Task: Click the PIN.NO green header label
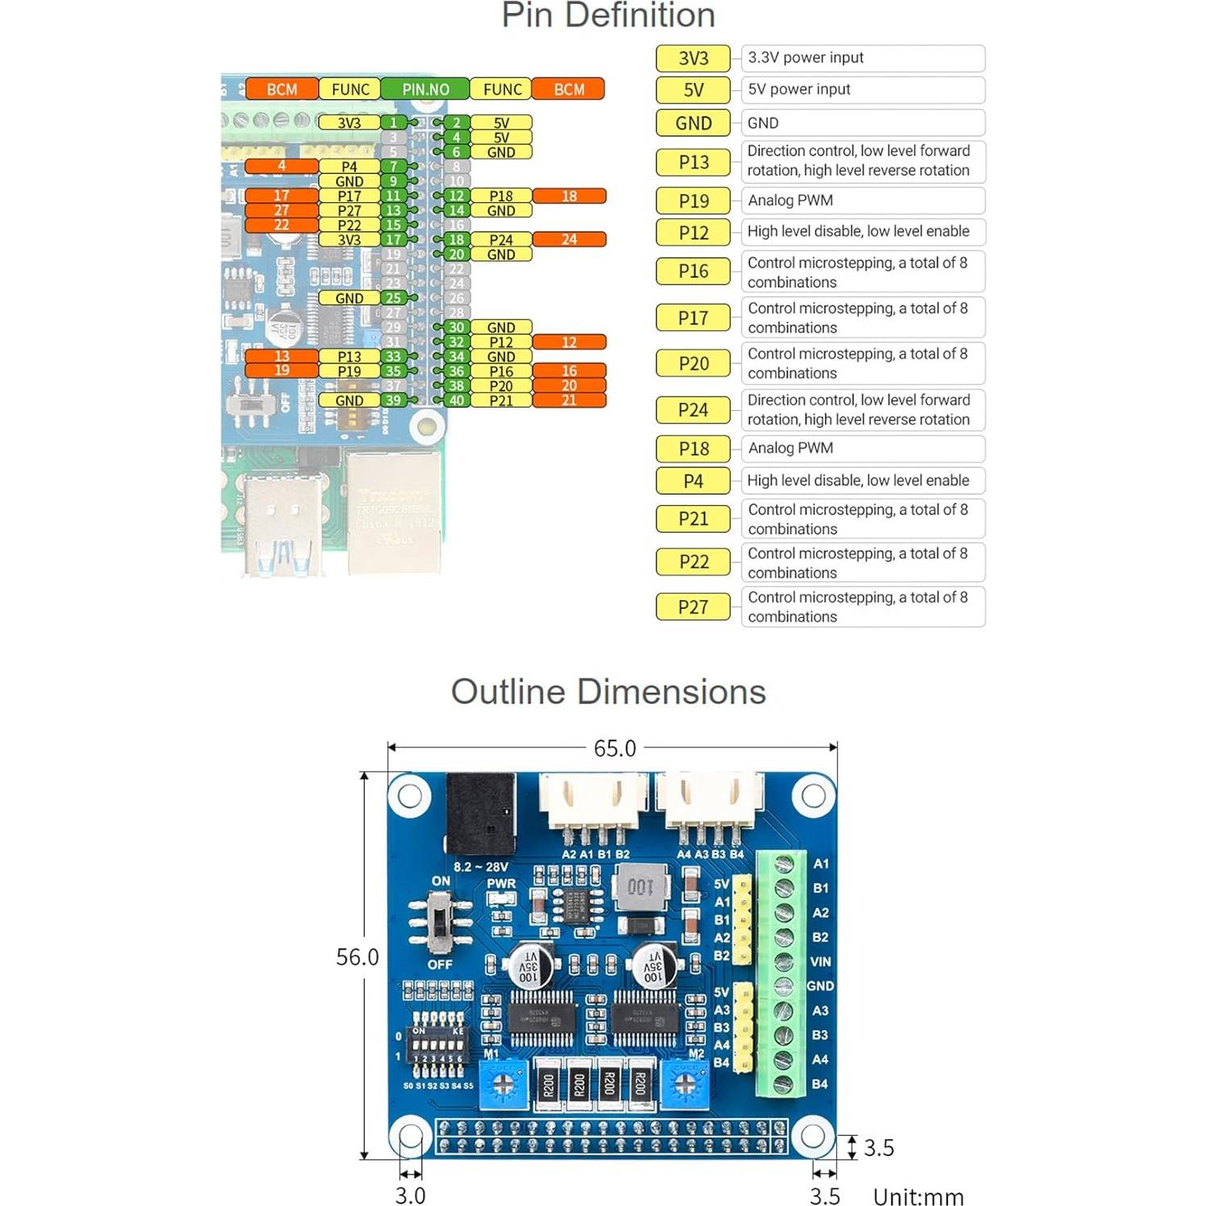coord(425,89)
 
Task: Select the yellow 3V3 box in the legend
coord(693,58)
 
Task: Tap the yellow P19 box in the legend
coord(693,201)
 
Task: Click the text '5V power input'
coord(798,89)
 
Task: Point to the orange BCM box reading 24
coord(569,239)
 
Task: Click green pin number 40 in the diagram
coord(456,400)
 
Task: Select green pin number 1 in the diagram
coord(393,122)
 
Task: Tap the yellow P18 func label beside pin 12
coord(501,196)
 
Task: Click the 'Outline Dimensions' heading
coord(608,692)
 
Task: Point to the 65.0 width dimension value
coord(615,748)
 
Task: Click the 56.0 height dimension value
coord(357,957)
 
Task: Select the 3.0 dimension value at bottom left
coord(410,1195)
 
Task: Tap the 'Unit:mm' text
coord(918,1196)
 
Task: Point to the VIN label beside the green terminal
coord(820,962)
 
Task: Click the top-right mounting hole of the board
coord(813,796)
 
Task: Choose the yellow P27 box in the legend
coord(693,607)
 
